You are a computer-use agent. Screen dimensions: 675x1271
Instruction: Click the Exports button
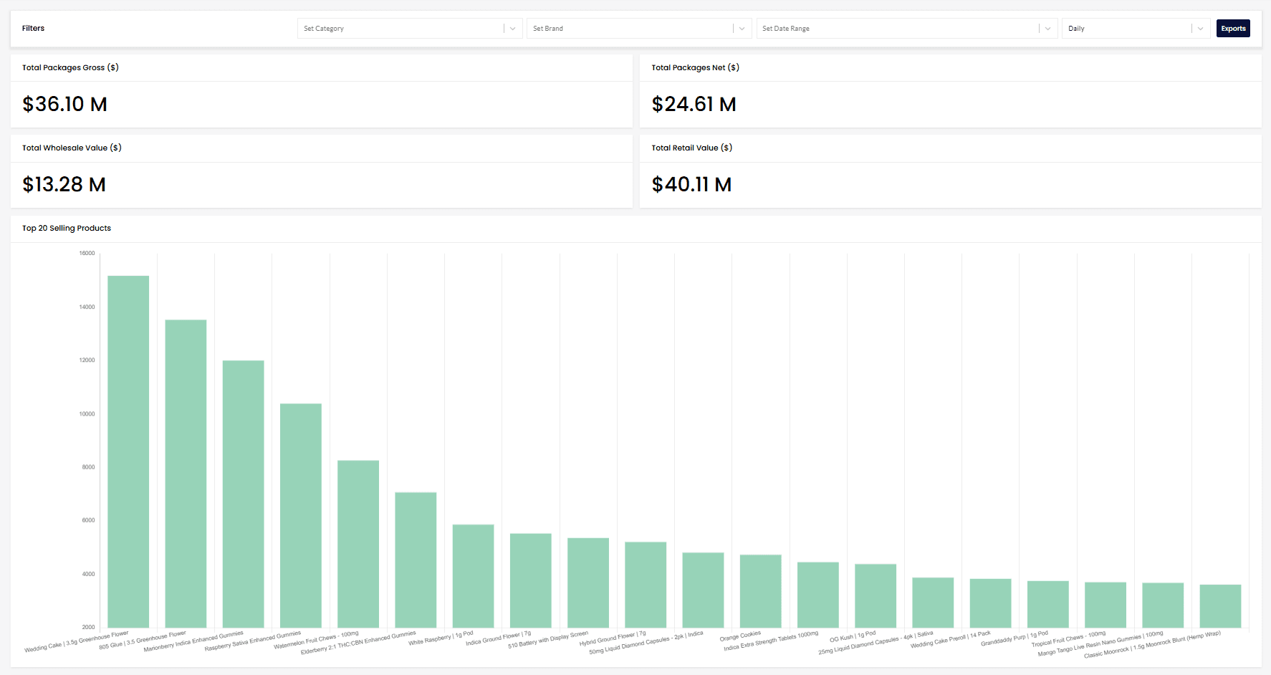pyautogui.click(x=1232, y=29)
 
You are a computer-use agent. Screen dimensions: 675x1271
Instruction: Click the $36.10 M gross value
pyautogui.click(x=64, y=105)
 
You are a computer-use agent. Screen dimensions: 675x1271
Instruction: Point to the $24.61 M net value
pyautogui.click(x=694, y=105)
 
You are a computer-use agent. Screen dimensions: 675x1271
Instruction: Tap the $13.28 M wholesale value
pyautogui.click(x=64, y=185)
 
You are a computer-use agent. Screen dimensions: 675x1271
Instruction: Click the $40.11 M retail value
pyautogui.click(x=691, y=185)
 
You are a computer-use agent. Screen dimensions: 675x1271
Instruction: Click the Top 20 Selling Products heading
pyautogui.click(x=67, y=229)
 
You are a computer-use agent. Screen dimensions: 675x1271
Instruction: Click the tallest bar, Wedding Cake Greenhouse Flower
pyautogui.click(x=128, y=451)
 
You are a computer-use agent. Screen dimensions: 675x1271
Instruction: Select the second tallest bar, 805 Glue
pyautogui.click(x=186, y=473)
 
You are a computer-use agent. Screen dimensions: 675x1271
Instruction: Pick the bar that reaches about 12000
pyautogui.click(x=243, y=494)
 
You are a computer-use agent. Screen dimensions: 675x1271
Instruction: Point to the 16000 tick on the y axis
pyautogui.click(x=87, y=254)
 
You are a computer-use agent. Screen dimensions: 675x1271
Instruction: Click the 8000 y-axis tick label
pyautogui.click(x=88, y=467)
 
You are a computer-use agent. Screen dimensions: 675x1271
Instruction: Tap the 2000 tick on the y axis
pyautogui.click(x=88, y=627)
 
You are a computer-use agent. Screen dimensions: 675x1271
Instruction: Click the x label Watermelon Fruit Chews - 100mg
pyautogui.click(x=316, y=641)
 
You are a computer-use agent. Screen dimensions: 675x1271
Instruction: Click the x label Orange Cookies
pyautogui.click(x=740, y=636)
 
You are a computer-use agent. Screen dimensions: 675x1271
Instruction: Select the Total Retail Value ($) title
pyautogui.click(x=691, y=148)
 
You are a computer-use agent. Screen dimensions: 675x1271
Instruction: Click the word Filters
pyautogui.click(x=33, y=29)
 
